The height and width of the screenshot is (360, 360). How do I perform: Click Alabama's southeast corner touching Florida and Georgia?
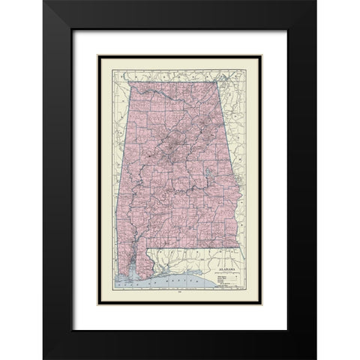[x=239, y=248]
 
